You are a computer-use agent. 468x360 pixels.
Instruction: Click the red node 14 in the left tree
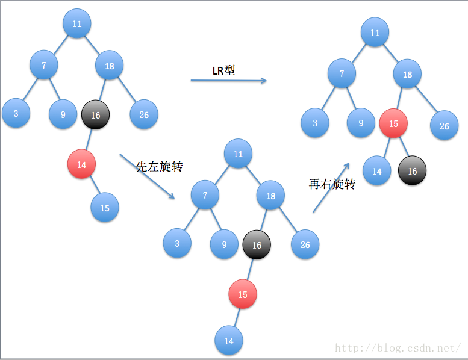[x=81, y=164]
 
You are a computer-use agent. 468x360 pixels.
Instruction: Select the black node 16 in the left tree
[x=95, y=114]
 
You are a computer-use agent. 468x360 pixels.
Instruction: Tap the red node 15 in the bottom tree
[x=242, y=295]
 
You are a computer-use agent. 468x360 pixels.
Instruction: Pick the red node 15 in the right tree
[x=393, y=123]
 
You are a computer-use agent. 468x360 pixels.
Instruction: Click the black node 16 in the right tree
[x=412, y=171]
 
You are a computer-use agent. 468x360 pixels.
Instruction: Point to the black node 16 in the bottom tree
[x=257, y=244]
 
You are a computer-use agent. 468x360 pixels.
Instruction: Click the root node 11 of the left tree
[x=76, y=24]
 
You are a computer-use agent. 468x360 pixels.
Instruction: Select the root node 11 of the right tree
[x=375, y=33]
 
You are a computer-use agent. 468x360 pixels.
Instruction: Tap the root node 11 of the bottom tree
[x=238, y=154]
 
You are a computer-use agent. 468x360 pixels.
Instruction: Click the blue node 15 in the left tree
[x=105, y=208]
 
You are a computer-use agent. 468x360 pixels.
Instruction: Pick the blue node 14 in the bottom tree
[x=229, y=341]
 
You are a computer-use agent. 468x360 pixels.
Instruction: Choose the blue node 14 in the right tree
[x=376, y=171]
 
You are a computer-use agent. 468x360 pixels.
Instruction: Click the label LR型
[x=223, y=70]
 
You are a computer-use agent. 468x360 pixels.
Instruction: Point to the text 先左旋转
[x=159, y=167]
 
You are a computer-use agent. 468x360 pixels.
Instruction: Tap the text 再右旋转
[x=332, y=184]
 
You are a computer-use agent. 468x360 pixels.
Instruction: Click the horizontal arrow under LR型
[x=228, y=80]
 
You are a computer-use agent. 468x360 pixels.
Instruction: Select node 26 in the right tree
[x=444, y=126]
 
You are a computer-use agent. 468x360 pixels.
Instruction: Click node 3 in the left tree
[x=16, y=114]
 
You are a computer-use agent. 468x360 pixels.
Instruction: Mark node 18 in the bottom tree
[x=270, y=196]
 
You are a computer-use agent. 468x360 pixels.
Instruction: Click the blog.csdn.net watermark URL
[x=398, y=348]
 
